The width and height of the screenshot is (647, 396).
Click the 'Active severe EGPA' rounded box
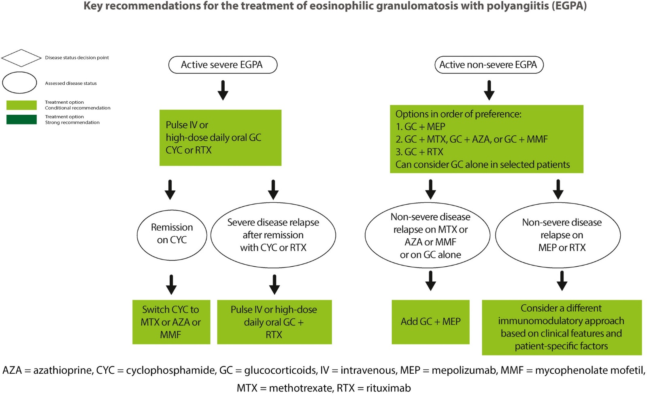click(222, 65)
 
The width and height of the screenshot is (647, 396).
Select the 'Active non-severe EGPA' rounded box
click(489, 65)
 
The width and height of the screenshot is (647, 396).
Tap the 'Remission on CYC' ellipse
click(172, 234)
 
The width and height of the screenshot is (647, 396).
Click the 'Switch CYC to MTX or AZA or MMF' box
click(171, 322)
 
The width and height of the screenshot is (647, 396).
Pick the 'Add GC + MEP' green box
click(430, 322)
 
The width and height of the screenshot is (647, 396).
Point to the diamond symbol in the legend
click(21, 58)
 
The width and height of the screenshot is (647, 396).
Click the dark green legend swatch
click(21, 120)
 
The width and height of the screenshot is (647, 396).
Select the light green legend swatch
click(21, 105)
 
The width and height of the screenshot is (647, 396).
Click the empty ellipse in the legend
click(19, 83)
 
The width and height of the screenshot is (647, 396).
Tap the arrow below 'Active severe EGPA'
click(223, 90)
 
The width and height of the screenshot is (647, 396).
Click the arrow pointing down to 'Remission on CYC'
click(170, 190)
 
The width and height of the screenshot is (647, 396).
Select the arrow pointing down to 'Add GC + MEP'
click(431, 280)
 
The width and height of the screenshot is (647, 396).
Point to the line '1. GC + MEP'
click(420, 127)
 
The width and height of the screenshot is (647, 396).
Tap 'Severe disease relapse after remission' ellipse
click(273, 235)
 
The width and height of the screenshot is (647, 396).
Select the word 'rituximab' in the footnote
click(388, 388)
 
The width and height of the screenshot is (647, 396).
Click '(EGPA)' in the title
click(569, 6)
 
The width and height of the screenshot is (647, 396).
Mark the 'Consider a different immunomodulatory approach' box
click(562, 327)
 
